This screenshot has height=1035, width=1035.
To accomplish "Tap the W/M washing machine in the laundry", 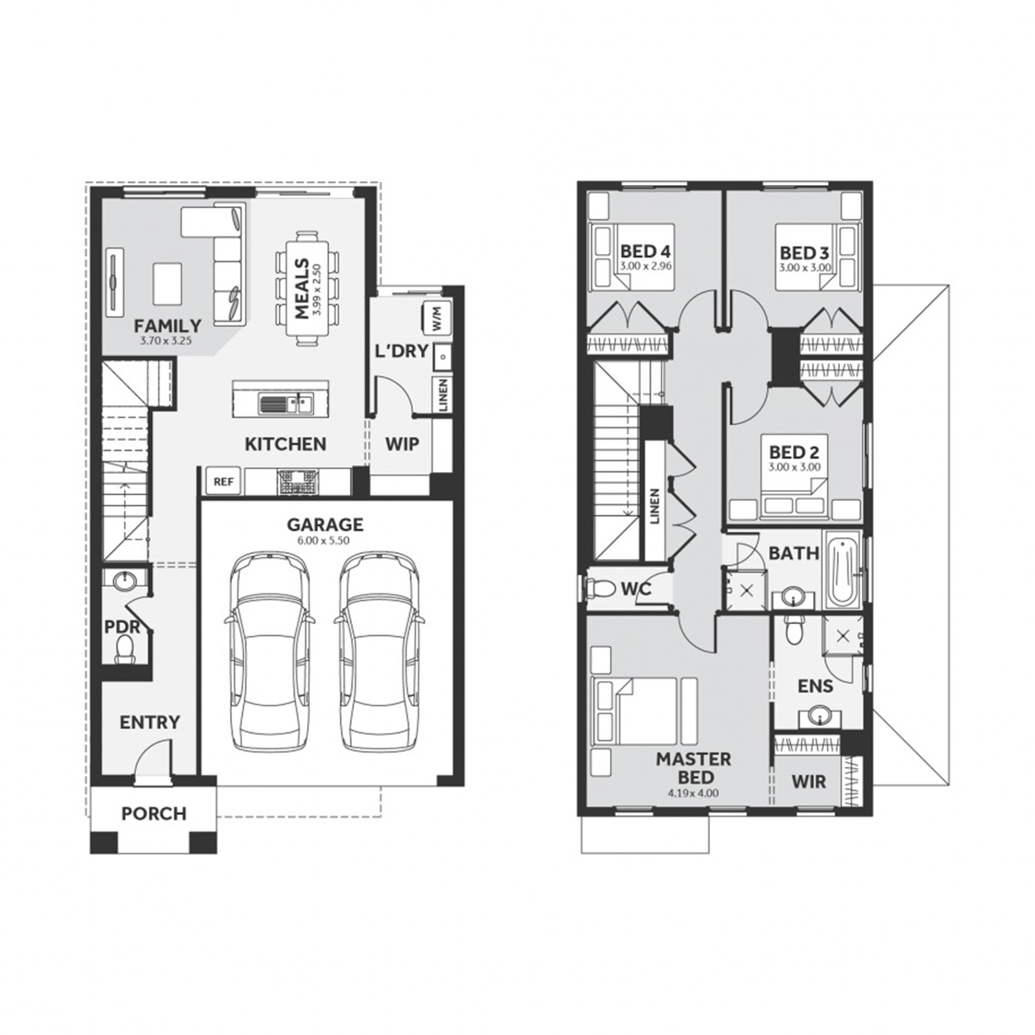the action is pyautogui.click(x=436, y=317).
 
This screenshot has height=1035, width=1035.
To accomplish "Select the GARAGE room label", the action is pyautogui.click(x=325, y=524).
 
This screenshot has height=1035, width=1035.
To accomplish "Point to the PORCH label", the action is pyautogui.click(x=154, y=814).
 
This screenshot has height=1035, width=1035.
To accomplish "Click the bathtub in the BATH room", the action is pyautogui.click(x=842, y=571).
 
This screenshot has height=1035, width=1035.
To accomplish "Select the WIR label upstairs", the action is pyautogui.click(x=809, y=782).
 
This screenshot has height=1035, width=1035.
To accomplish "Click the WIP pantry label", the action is pyautogui.click(x=402, y=444).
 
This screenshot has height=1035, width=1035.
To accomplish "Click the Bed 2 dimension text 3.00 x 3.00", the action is pyautogui.click(x=794, y=467).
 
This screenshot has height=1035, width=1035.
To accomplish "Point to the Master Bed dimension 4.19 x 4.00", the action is pyautogui.click(x=693, y=793).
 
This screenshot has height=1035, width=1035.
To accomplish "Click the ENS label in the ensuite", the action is pyautogui.click(x=816, y=686).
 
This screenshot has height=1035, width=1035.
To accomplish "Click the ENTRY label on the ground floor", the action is pyautogui.click(x=150, y=722).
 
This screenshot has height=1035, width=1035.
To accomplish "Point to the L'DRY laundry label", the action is pyautogui.click(x=402, y=351).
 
